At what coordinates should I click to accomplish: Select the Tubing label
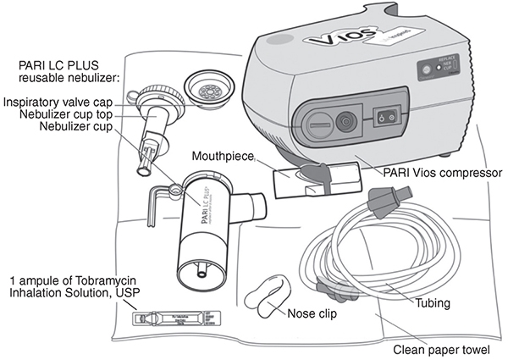[x=427, y=302]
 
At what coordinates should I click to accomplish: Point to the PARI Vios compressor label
[x=439, y=173]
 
